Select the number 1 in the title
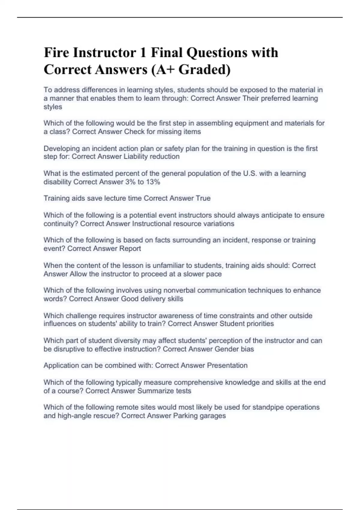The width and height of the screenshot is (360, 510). tap(143, 53)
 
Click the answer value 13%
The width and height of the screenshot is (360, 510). tap(153, 182)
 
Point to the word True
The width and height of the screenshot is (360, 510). tap(203, 198)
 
